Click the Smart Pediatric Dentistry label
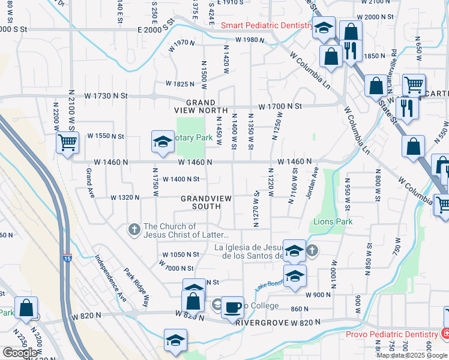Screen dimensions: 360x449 (x=267, y=26)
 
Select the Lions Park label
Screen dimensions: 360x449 (x=333, y=221)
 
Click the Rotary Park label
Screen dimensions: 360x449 (x=194, y=138)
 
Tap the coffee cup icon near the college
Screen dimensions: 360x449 (x=232, y=307)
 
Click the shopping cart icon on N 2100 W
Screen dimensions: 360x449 (x=67, y=143)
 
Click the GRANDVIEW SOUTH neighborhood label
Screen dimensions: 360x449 (x=202, y=202)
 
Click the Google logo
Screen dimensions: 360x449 (x=20, y=353)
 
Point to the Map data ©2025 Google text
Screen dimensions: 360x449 (x=412, y=355)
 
